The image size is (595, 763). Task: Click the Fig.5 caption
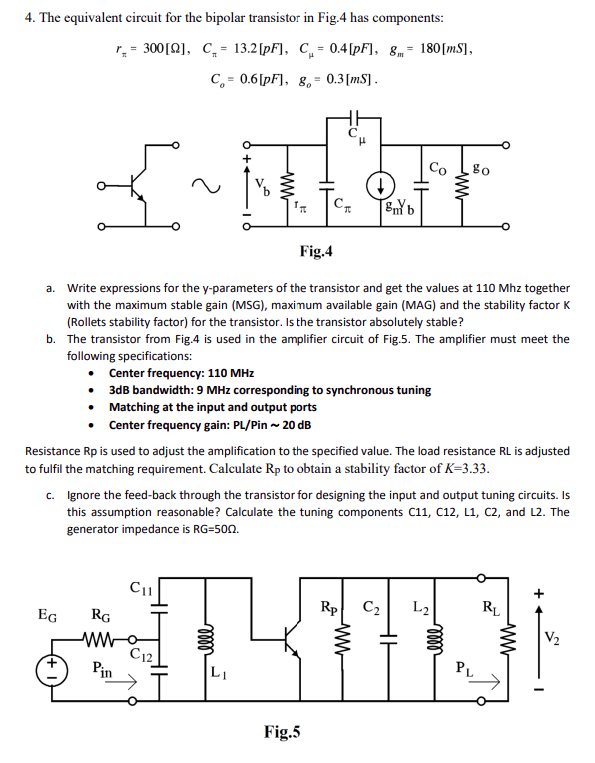[x=284, y=733]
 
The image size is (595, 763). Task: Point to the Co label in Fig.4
[x=436, y=166]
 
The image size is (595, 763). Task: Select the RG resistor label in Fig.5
[x=102, y=615]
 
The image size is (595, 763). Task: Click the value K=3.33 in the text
[x=461, y=469]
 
